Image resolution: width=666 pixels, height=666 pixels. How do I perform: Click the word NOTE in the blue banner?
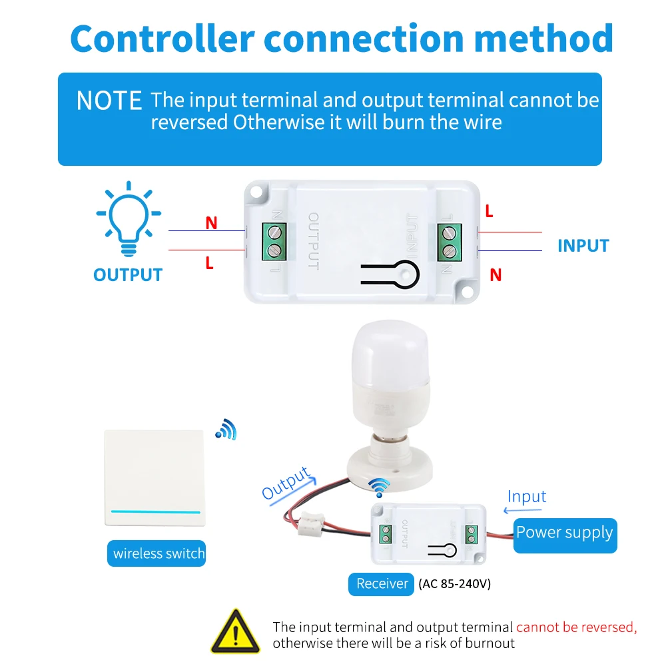tap(109, 101)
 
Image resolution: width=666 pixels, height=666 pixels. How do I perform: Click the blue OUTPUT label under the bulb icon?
tap(127, 275)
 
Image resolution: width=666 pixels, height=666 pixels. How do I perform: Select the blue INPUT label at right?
tap(583, 246)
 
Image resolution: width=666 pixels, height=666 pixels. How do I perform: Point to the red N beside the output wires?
tap(211, 223)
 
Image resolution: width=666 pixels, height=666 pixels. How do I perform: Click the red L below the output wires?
tap(209, 263)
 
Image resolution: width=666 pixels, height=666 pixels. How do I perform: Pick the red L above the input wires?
tap(489, 212)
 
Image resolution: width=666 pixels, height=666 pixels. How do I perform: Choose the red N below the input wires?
tap(495, 274)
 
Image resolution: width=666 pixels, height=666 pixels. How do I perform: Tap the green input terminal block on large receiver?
tap(450, 241)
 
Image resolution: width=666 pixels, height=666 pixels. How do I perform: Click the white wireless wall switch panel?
tap(153, 477)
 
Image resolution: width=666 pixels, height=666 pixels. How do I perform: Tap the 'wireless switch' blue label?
tap(158, 553)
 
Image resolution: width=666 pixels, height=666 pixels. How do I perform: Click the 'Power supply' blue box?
tap(565, 533)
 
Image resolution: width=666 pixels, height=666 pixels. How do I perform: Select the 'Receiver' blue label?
tap(381, 584)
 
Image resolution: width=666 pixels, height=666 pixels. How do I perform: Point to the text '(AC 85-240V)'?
tap(454, 584)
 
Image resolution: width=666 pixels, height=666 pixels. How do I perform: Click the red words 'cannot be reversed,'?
tap(576, 627)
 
